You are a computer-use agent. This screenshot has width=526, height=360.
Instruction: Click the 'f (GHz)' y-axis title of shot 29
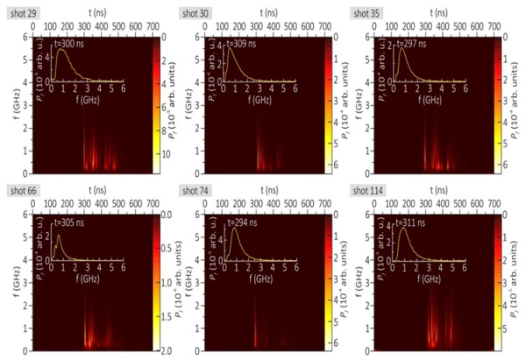pyautogui.click(x=9, y=105)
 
